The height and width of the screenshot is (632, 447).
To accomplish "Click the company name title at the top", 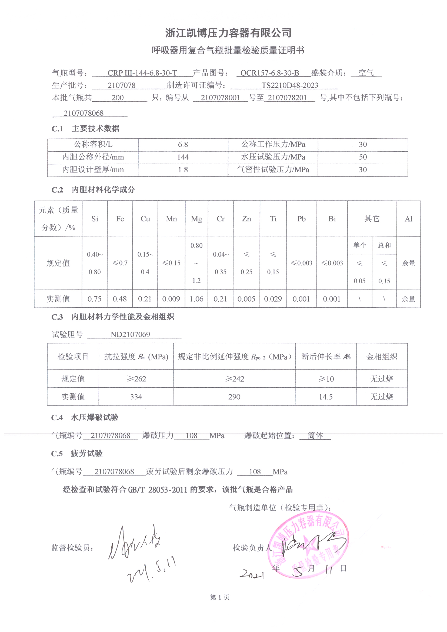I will point(228,33).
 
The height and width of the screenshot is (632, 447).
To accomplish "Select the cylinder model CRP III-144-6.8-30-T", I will point(142,73).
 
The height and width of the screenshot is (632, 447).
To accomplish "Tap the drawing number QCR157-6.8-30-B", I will point(269,73).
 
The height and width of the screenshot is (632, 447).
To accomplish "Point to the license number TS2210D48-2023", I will point(289,85).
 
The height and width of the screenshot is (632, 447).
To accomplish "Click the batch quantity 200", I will point(118,98).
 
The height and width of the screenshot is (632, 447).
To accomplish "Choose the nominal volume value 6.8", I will point(183,145).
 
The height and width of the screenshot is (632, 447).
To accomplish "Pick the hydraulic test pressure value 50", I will point(362,157).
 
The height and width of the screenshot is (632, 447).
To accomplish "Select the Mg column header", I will point(196,219).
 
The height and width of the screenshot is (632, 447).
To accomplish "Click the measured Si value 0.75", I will point(94,299).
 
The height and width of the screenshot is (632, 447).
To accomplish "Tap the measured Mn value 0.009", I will point(171,299).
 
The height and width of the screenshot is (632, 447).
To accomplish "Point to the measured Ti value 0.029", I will point(273,299).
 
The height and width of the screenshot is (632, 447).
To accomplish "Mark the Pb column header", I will point(301,219).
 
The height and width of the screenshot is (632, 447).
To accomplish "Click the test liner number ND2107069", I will point(130,334).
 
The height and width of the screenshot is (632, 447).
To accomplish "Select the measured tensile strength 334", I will point(136,397).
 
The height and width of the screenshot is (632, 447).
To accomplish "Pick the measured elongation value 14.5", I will point(326,397).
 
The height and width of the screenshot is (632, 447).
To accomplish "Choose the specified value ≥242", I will point(235,379).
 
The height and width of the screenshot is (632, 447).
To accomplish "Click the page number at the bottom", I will point(220,597).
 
